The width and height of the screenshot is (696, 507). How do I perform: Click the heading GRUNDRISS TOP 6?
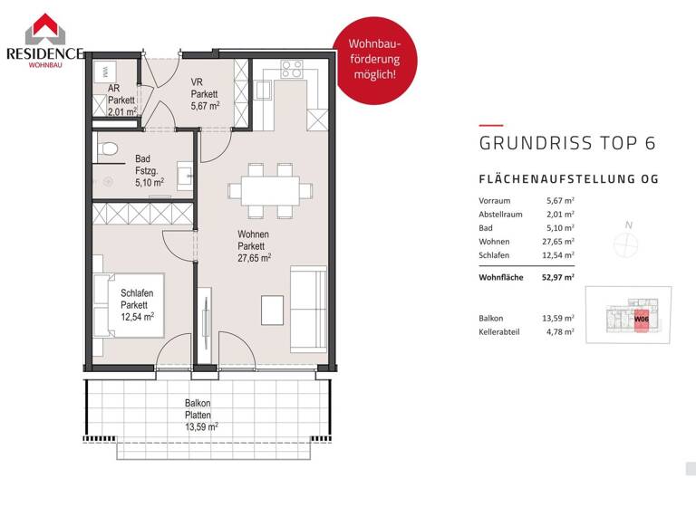566,143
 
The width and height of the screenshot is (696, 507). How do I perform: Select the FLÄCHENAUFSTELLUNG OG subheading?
567,179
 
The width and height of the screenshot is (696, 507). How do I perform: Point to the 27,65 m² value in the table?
560,242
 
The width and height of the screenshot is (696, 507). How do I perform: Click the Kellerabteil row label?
500,332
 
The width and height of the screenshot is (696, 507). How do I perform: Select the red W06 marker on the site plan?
641,320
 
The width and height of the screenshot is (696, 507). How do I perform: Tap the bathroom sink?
184,172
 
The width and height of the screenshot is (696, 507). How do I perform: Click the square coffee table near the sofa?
272,310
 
